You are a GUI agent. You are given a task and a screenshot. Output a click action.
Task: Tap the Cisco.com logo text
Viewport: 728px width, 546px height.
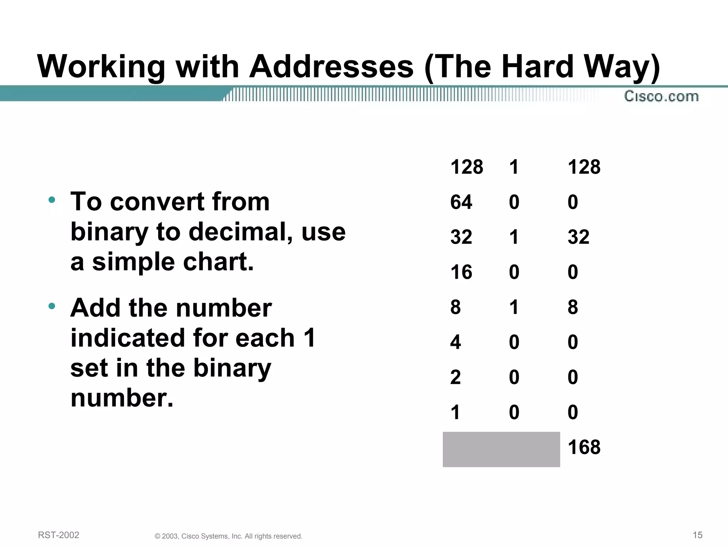coord(661,96)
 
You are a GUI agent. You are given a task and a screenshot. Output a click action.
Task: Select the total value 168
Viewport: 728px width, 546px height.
coord(584,447)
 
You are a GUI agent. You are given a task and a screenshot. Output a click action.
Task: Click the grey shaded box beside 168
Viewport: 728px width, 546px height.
coord(501,449)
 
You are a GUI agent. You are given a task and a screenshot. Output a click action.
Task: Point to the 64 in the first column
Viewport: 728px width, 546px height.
coord(461,202)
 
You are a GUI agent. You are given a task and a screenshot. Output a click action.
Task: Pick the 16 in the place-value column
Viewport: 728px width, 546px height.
coord(461,272)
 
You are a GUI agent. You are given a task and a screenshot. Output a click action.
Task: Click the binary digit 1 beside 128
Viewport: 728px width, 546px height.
coord(514,167)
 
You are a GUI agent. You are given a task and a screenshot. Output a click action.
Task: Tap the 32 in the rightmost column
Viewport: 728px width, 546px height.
coord(578,237)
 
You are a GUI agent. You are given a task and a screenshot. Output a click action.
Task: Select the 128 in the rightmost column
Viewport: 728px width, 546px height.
coord(584,167)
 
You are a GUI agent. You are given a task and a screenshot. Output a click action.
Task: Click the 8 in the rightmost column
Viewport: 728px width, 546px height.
coord(573,307)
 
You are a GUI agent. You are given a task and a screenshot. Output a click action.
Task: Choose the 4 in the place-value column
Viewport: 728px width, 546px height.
coord(455,342)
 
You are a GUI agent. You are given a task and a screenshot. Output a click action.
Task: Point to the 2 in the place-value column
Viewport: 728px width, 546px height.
coord(455,377)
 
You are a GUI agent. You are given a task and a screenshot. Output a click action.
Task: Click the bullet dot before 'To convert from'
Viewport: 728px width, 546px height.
coord(52,200)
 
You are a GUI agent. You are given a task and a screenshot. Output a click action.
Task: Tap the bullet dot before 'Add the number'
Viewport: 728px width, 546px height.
coord(52,306)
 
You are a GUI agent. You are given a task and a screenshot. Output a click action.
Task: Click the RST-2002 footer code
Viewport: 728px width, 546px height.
coord(59,535)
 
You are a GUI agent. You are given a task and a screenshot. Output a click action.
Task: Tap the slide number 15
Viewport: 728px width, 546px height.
coord(697,535)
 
